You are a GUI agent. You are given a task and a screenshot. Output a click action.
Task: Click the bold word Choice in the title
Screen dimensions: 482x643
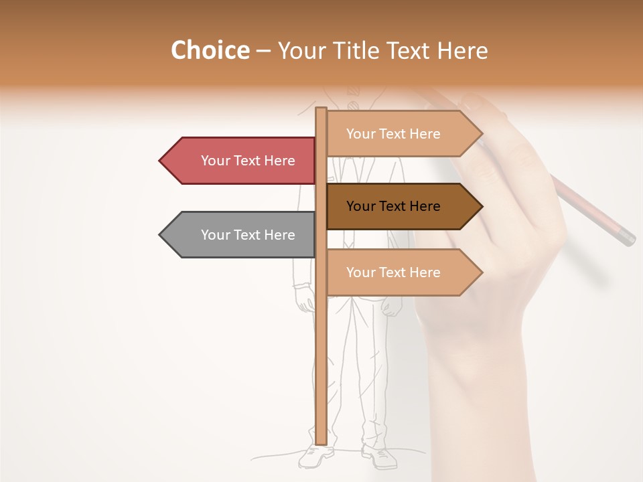tap(210, 51)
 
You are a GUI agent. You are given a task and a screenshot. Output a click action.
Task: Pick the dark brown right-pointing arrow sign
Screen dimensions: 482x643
tap(402, 206)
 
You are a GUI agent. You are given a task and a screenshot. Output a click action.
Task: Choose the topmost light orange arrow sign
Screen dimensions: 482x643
tap(402, 134)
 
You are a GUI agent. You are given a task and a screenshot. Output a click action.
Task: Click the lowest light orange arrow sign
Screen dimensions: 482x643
tap(402, 272)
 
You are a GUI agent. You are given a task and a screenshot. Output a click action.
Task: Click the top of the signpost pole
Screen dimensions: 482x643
tap(321, 109)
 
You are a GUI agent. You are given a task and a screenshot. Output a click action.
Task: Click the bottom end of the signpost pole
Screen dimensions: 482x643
tap(321, 442)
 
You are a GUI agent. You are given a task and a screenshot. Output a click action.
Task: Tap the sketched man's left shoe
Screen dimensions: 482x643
tap(380, 457)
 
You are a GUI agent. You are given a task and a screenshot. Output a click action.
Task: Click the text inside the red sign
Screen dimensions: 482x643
tap(248, 161)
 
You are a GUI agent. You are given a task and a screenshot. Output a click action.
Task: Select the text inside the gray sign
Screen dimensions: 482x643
tap(248, 235)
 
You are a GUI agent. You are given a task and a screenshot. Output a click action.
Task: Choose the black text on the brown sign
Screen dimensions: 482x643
tap(393, 206)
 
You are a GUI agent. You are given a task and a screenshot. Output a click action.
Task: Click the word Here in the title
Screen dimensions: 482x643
tap(462, 51)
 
